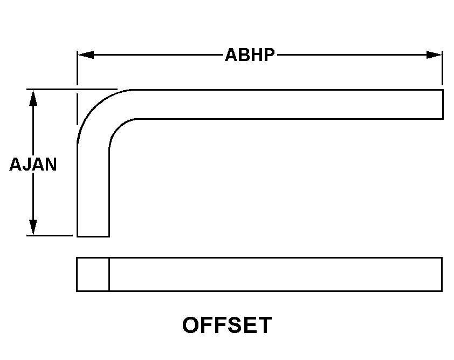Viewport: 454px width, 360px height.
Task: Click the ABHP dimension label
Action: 250,55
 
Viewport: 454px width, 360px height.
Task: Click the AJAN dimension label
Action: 33,164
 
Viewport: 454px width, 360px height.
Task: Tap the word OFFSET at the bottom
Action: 227,325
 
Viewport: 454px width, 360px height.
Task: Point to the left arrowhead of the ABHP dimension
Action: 86,55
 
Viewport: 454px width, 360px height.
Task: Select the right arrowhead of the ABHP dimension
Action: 434,55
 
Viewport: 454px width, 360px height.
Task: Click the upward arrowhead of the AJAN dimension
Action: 33,98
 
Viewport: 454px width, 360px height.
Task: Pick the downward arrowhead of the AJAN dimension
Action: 33,227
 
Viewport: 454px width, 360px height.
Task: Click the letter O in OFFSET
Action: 190,325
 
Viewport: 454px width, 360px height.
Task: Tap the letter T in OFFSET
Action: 264,325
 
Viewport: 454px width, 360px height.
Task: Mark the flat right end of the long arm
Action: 443,104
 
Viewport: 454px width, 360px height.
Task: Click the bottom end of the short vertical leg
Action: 93,236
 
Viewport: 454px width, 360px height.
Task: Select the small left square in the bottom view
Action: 93,274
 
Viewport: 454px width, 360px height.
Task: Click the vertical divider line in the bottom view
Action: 109,274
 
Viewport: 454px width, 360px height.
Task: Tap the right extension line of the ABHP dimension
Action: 442,68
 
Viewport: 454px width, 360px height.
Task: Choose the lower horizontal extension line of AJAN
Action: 50,236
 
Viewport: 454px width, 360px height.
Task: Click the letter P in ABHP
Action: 269,55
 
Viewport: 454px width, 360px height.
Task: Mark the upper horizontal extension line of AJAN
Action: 72,89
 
